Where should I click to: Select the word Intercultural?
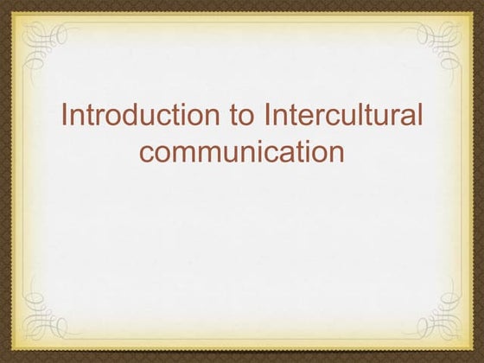346,116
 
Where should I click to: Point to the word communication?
242,152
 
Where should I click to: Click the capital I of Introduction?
67,116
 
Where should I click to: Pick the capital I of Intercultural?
272,116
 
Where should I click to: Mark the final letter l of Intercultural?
421,116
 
